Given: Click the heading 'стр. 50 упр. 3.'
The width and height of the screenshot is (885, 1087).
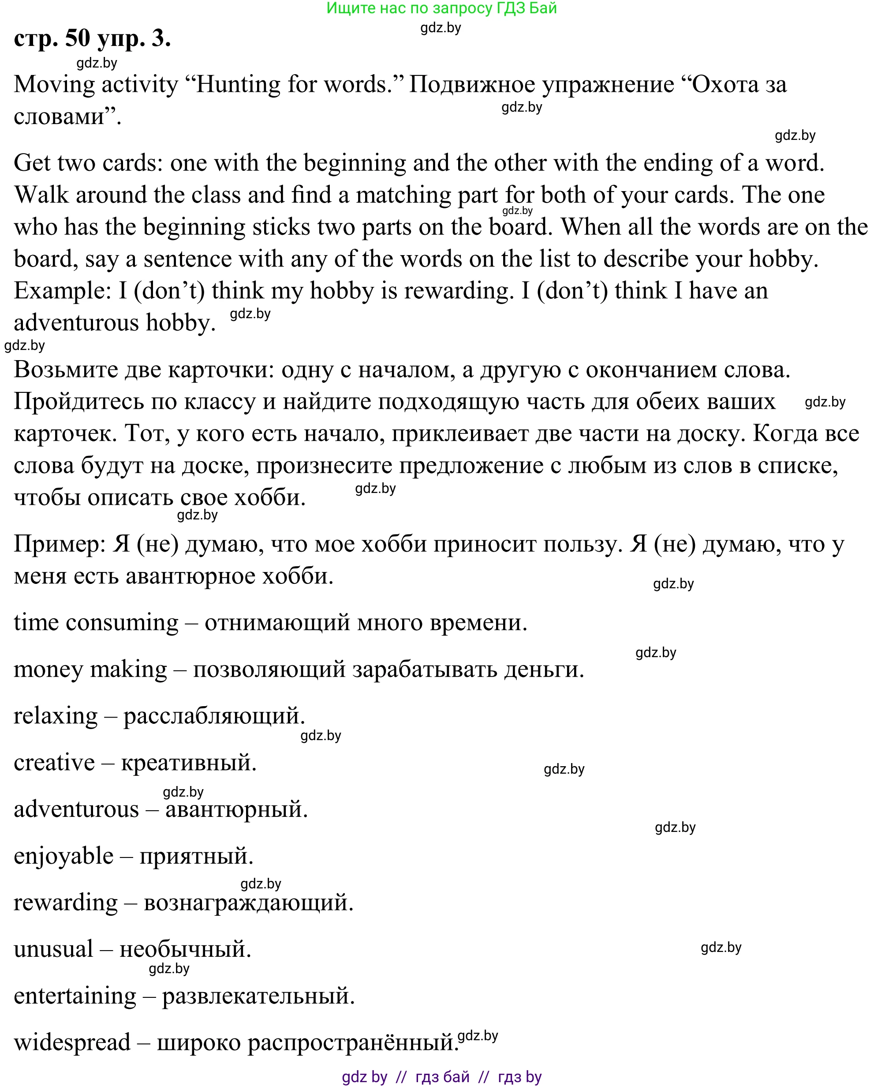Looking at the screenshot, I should (92, 38).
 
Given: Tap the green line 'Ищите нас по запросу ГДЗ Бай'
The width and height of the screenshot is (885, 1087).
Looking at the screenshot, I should (441, 8).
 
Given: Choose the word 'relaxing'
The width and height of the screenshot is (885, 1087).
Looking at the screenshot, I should (55, 716).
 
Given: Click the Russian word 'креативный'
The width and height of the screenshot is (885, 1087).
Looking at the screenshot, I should (188, 763).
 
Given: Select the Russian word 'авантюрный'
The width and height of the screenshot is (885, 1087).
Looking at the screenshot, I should (236, 809).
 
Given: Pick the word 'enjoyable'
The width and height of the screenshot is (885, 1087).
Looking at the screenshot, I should (63, 856).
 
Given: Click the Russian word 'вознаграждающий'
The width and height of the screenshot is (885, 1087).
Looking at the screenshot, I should (248, 903).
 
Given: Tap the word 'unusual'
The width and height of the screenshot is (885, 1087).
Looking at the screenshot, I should (53, 949).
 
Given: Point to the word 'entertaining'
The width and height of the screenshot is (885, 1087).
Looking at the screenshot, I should (75, 996).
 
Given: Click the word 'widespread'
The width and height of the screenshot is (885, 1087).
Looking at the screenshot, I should (72, 1042).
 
